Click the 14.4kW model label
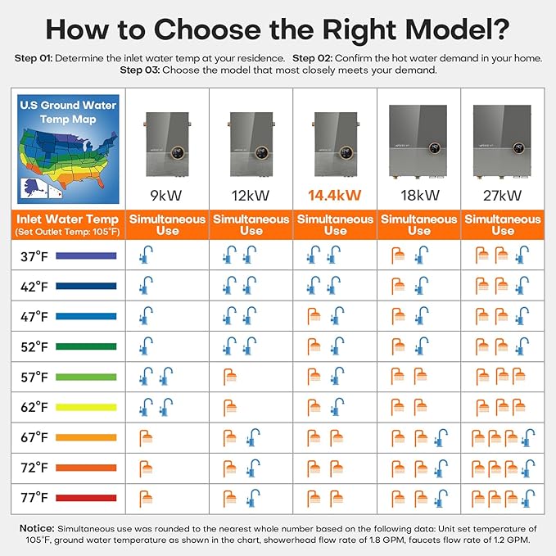tap(334, 196)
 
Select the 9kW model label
tap(166, 196)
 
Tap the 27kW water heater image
tap(502, 141)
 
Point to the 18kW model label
tap(420, 196)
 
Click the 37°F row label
tap(34, 256)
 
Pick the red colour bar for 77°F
tap(86, 498)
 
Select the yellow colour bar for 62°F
tap(86, 408)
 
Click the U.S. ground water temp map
tap(68, 149)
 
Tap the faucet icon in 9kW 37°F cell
tap(146, 255)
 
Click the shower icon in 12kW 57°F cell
tap(230, 377)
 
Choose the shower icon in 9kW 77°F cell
tap(146, 499)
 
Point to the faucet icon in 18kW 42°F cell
tap(422, 286)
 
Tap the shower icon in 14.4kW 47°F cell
tap(314, 316)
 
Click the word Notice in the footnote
tap(37, 528)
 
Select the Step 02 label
tap(313, 58)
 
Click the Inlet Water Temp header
tap(68, 219)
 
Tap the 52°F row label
tap(34, 347)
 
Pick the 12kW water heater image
tap(251, 144)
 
